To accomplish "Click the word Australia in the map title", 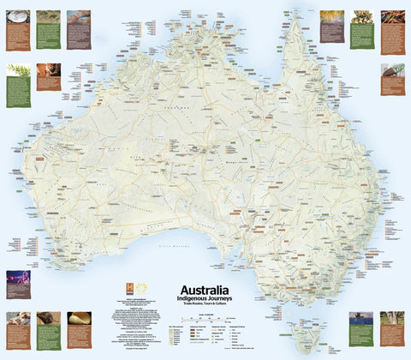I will pos(203,291).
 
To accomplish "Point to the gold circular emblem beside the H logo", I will pos(142,288).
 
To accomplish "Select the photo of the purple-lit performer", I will pos(18,279).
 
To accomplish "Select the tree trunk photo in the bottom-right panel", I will pos(393,318).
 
